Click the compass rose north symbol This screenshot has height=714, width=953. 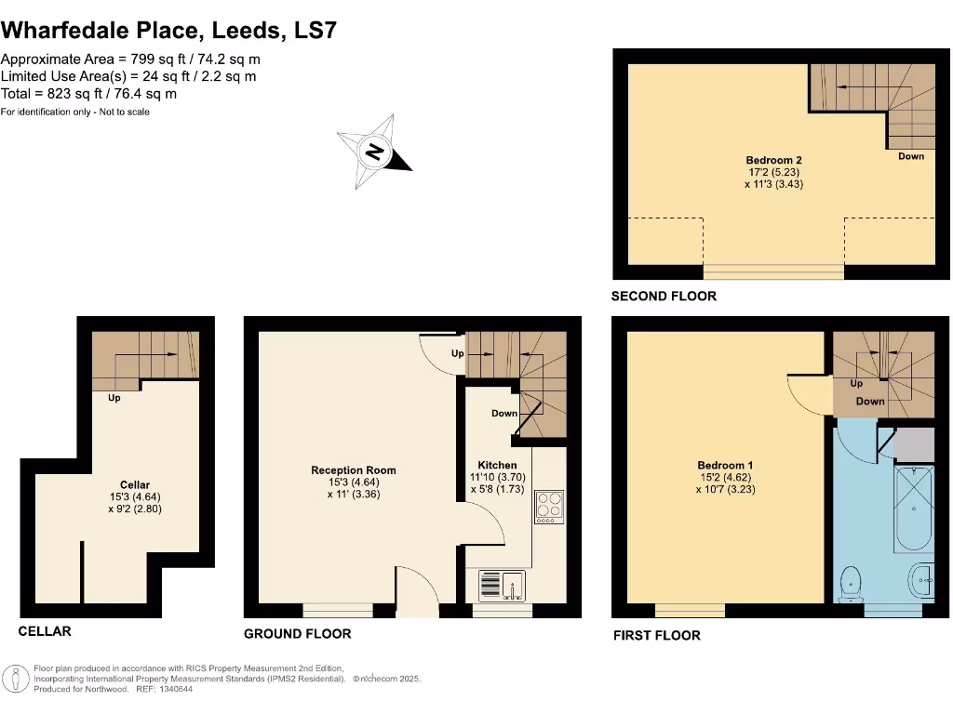(x=374, y=152)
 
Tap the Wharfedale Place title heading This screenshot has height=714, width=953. (x=168, y=30)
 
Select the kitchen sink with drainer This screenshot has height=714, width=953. (x=502, y=586)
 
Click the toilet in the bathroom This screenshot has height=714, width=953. (x=850, y=583)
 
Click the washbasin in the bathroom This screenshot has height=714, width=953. (x=921, y=580)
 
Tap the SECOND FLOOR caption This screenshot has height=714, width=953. (x=663, y=297)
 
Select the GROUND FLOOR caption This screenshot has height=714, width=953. (x=297, y=634)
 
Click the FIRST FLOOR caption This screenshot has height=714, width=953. (x=656, y=636)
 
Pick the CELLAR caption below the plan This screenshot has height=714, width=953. (x=45, y=631)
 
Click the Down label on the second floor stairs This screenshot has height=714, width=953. (x=910, y=156)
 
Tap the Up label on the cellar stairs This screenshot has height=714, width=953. (x=114, y=397)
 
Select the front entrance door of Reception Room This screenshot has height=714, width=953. (x=417, y=591)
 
